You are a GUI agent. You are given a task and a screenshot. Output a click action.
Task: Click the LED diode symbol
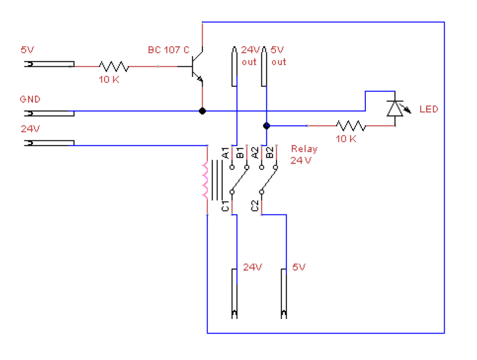coord(396,109)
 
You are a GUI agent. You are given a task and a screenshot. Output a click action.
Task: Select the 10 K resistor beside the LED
coord(351,126)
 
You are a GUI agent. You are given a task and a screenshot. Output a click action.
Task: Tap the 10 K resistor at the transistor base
coord(114,66)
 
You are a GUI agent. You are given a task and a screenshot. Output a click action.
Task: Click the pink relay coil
coord(205,181)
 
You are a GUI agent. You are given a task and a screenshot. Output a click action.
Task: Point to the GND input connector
coord(49,113)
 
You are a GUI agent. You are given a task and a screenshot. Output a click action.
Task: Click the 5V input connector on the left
coord(49,64)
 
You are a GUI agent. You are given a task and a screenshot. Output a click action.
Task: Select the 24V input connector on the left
coord(49,143)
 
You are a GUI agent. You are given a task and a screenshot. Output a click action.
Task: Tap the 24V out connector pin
coord(234,66)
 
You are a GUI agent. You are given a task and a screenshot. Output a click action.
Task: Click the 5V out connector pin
coord(264,66)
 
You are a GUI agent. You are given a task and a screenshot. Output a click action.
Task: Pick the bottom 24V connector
coord(234,294)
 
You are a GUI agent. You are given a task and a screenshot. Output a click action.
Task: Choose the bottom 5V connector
coord(284,294)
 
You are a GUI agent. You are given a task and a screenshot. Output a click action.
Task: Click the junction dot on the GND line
coord(202,111)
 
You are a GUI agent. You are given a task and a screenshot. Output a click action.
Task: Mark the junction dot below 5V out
coord(267,126)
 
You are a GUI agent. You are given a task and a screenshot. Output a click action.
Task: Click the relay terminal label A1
coord(226,153)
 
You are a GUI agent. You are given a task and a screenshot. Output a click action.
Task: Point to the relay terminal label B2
coord(269,153)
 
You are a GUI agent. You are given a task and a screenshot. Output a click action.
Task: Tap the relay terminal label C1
coord(225,206)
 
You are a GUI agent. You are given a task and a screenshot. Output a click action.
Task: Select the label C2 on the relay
coord(255,206)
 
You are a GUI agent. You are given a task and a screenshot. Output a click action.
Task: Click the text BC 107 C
coord(169,50)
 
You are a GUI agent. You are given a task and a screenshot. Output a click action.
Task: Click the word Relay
coord(304,149)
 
